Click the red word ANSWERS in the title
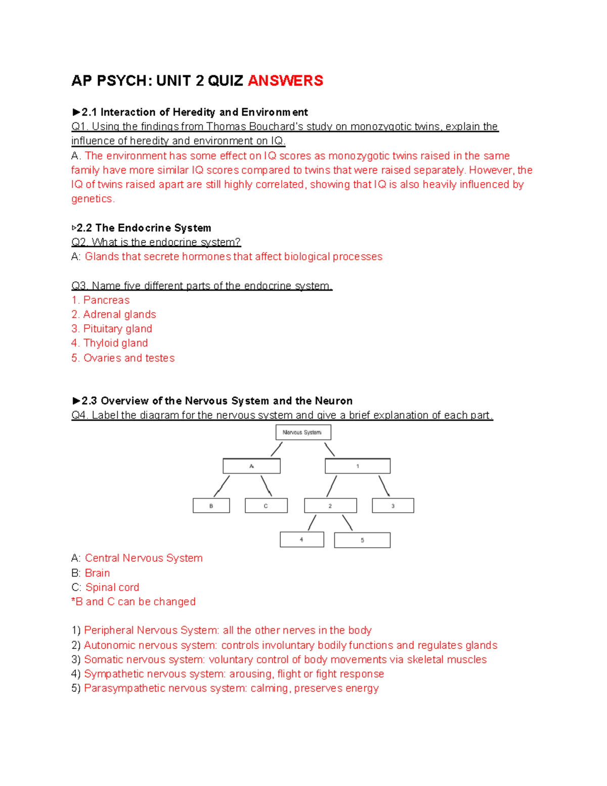point(285,80)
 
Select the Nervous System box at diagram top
point(303,432)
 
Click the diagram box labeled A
point(251,466)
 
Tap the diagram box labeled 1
point(358,466)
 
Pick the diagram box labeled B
point(211,506)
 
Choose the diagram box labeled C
point(266,506)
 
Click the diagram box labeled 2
point(330,506)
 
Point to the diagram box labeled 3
point(393,506)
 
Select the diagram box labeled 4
point(302,540)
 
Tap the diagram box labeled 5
point(362,540)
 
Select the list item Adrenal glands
point(119,314)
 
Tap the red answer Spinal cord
point(112,587)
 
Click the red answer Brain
point(97,573)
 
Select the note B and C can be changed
point(135,601)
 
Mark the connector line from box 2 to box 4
point(312,522)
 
